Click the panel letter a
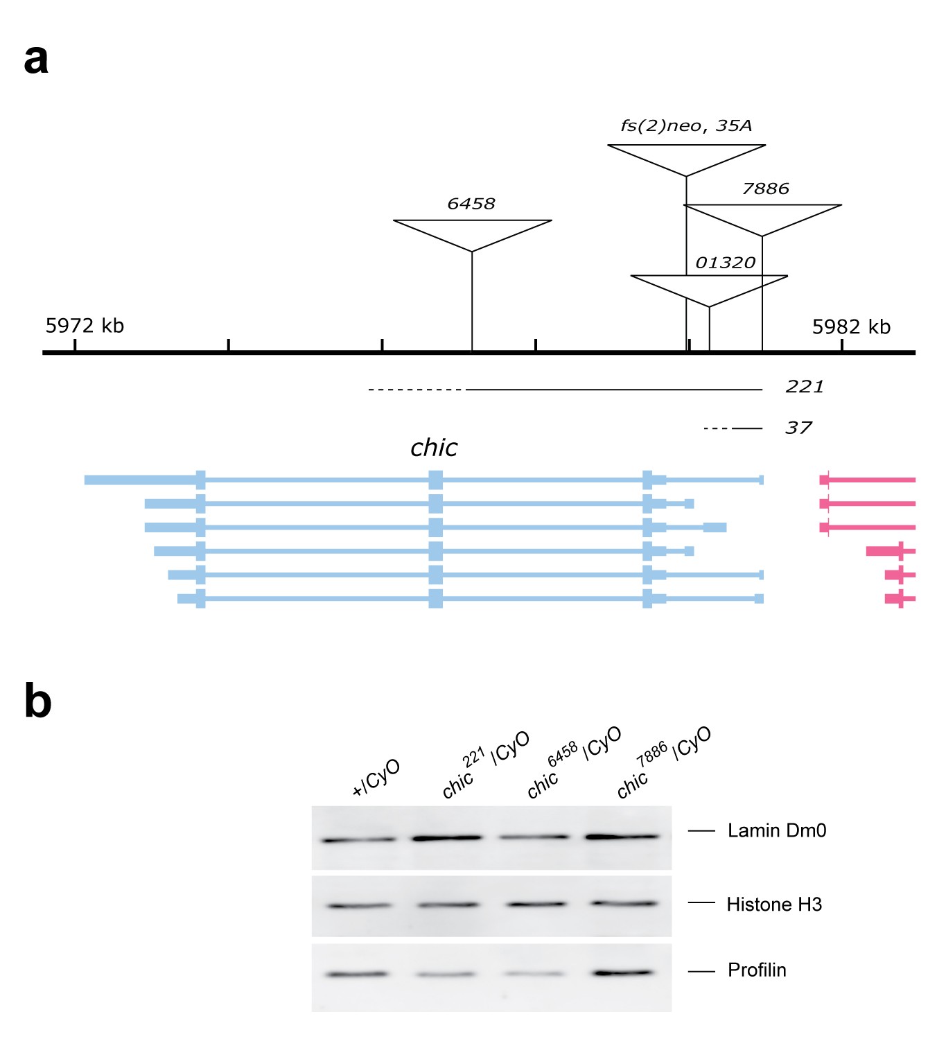point(36,60)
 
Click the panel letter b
point(37,701)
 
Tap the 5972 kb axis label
point(85,326)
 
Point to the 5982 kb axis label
point(851,327)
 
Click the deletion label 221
point(804,387)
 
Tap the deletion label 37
point(798,428)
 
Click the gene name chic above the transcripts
point(434,448)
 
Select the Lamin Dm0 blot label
point(776,830)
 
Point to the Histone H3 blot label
point(773,905)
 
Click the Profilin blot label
point(757,970)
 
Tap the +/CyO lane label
point(376,778)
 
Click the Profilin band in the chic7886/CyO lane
point(623,972)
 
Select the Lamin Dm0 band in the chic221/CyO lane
point(446,838)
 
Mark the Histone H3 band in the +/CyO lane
point(358,905)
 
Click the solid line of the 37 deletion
point(747,428)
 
